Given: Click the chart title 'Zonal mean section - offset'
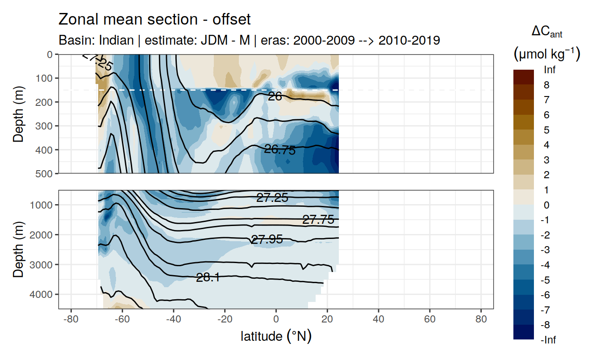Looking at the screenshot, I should [x=154, y=20].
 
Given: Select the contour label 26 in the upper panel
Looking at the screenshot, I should [x=275, y=96].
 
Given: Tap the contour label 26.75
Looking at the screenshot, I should [x=280, y=150].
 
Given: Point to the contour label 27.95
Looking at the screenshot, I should [x=267, y=239].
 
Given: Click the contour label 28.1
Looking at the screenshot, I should [x=208, y=278].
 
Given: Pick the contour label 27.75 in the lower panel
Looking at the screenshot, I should [x=318, y=220].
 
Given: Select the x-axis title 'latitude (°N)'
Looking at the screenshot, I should [x=276, y=336].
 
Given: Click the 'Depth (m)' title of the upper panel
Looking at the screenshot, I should [x=18, y=114].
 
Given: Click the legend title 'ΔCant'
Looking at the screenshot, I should [x=546, y=32].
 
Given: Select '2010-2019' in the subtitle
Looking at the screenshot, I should [x=409, y=40].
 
